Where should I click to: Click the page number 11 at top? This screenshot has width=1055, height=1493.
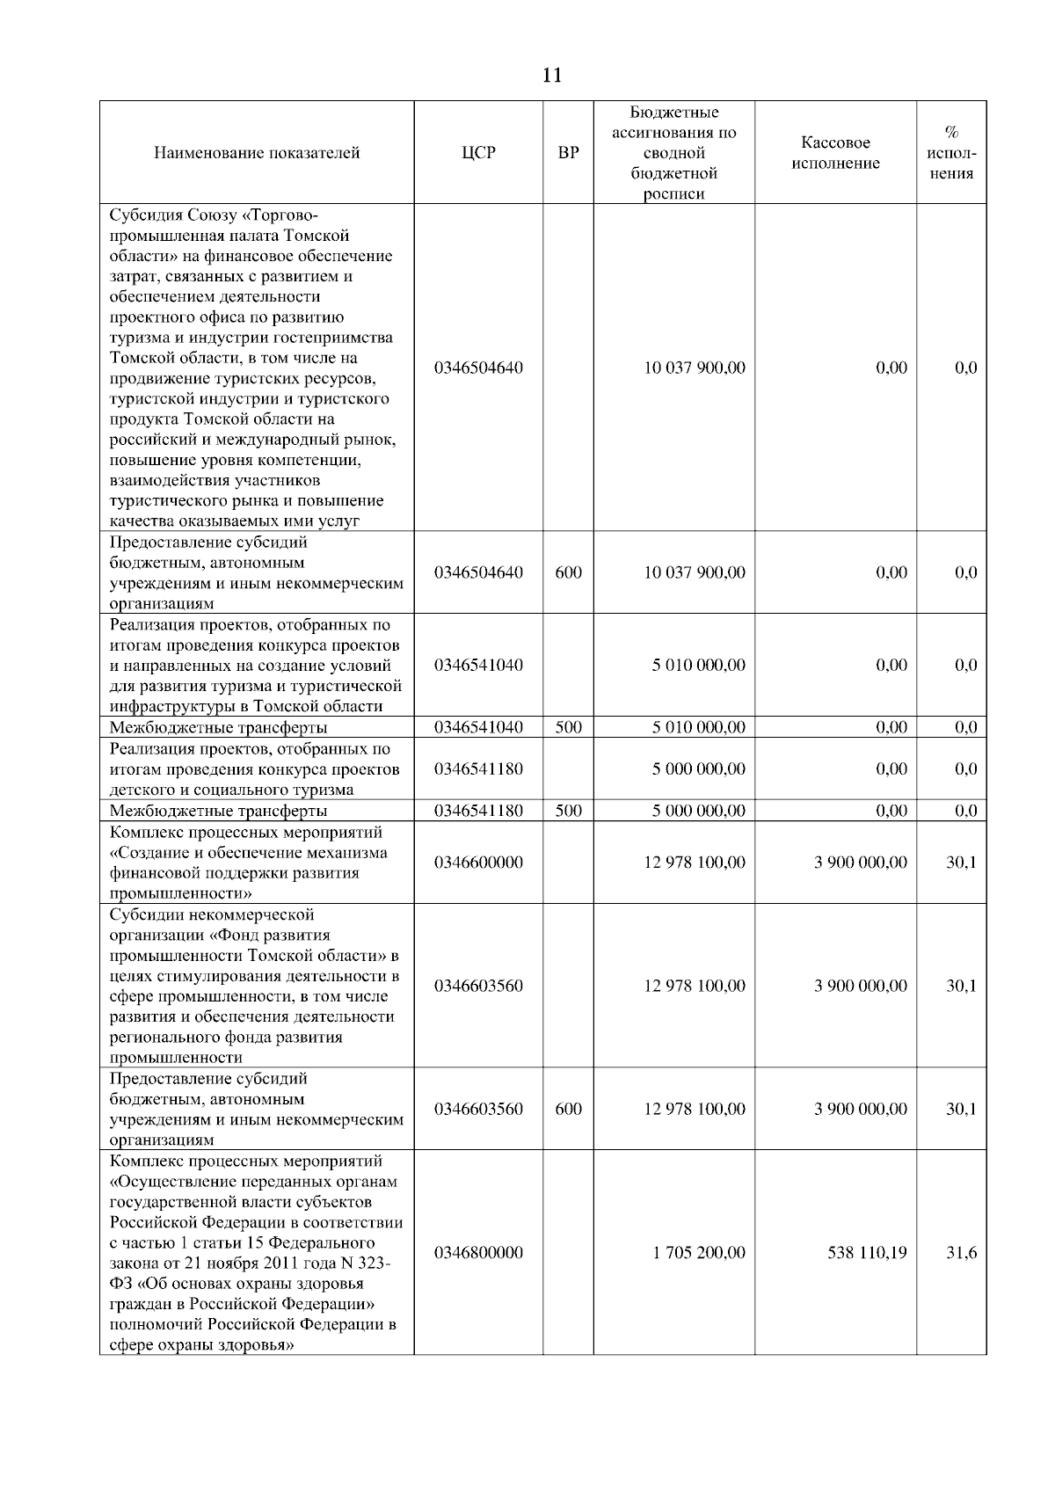tap(552, 75)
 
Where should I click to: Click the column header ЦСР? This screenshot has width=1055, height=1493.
tap(478, 153)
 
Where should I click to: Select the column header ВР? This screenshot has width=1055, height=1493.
tap(569, 153)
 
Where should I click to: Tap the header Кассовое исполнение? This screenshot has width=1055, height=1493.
tap(835, 153)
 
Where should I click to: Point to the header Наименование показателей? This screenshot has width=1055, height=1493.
tap(257, 153)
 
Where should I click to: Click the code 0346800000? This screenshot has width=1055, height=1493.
tap(478, 1252)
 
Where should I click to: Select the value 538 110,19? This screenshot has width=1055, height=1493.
tap(867, 1252)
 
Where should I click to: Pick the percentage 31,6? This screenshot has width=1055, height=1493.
tap(961, 1252)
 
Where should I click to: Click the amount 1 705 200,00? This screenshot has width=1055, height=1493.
tap(699, 1252)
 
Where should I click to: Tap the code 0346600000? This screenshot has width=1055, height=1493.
tap(478, 863)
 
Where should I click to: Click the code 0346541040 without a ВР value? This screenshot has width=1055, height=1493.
tap(478, 665)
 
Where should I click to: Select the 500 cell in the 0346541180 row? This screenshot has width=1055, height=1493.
tap(569, 811)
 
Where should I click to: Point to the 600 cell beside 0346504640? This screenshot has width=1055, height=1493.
tap(569, 572)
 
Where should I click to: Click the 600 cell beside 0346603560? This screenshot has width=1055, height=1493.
tap(569, 1109)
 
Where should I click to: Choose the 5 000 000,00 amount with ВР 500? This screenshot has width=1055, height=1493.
tap(699, 811)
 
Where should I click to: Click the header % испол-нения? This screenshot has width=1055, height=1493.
tap(951, 153)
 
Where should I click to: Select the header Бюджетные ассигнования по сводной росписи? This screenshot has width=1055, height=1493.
tap(674, 153)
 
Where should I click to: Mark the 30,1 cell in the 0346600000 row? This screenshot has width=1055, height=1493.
tap(961, 863)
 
